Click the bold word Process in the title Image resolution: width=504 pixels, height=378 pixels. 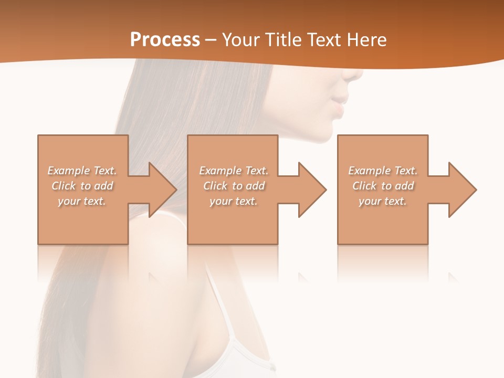165,40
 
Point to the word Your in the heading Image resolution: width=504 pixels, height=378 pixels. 240,40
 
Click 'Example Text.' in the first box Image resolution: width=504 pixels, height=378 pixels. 82,171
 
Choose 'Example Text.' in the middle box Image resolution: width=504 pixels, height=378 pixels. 234,171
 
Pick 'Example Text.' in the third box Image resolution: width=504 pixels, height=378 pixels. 383,171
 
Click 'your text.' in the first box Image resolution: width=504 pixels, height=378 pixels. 82,201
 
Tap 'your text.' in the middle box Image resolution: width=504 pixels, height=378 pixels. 234,201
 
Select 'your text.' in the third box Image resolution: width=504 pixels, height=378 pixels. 383,201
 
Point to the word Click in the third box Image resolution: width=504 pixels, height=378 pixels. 365,186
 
